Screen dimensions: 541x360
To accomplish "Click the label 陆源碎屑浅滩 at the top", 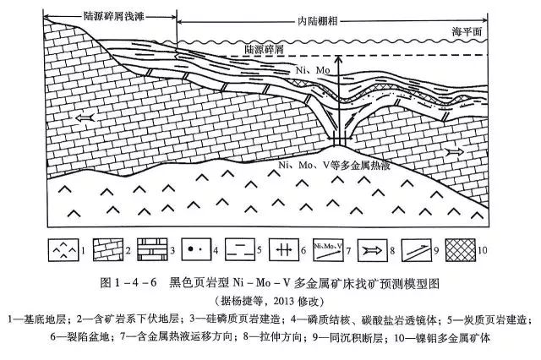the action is (113, 16).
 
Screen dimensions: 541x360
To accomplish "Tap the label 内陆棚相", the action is (318, 21).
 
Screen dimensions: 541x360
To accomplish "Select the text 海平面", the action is (467, 32).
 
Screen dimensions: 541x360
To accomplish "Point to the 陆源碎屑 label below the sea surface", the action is (264, 49).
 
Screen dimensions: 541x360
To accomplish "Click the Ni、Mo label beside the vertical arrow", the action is (313, 70).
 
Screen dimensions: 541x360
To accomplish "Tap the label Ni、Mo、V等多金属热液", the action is (334, 166).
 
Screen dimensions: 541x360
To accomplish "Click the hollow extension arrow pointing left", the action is (85, 118).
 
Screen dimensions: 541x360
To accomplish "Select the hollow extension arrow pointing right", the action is (455, 152).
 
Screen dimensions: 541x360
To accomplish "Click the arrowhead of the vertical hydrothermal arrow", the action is (339, 59).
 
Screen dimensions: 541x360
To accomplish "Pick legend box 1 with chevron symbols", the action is (63, 250).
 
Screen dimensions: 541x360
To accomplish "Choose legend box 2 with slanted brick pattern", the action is (108, 250).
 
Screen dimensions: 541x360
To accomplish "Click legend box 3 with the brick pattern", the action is (152, 250).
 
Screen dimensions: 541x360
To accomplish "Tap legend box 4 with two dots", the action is (196, 250).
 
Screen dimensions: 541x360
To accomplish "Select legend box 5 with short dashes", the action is (240, 250).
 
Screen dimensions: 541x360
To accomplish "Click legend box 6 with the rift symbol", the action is (284, 250).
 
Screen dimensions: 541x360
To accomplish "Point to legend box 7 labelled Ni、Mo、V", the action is (328, 250).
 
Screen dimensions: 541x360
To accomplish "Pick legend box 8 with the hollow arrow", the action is (373, 250).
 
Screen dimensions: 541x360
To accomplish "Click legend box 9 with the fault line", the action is (417, 250).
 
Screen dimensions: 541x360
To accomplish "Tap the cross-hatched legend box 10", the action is (461, 250).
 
